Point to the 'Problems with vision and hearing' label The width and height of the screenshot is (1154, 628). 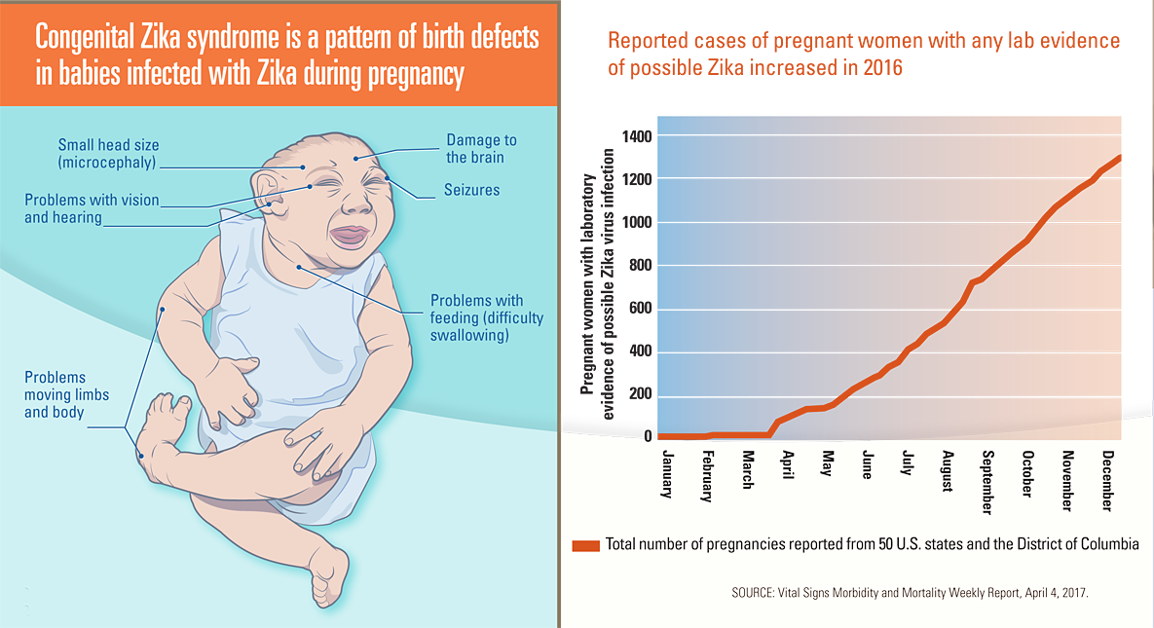click(x=91, y=208)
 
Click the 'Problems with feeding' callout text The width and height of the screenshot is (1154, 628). click(x=487, y=317)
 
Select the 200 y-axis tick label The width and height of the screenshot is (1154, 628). click(x=637, y=394)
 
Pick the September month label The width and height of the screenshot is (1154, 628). click(x=986, y=482)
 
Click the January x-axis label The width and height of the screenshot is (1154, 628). click(x=667, y=474)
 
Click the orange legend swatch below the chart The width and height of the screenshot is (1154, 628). click(x=586, y=544)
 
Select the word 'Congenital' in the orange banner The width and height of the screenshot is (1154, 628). click(x=83, y=40)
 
